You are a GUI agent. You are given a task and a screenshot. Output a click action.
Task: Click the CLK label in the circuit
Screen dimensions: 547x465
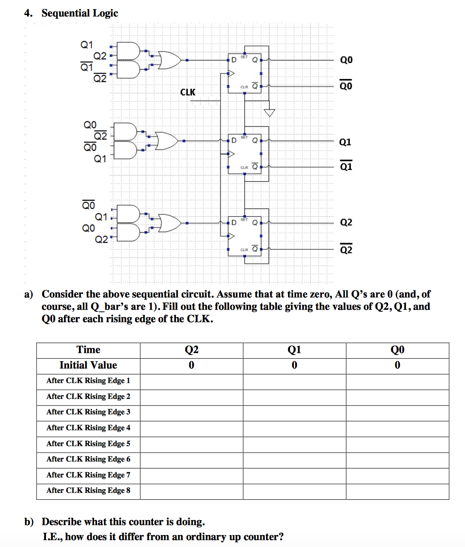(x=187, y=92)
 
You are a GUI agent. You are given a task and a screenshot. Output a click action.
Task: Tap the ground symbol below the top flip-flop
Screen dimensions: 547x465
(x=269, y=112)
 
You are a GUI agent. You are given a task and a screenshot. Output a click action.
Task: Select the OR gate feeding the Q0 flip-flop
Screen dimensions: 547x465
(x=169, y=60)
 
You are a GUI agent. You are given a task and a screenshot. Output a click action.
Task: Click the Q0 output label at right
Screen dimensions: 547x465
(x=346, y=60)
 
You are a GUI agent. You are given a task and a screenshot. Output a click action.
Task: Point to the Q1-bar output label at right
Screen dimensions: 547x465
(x=346, y=166)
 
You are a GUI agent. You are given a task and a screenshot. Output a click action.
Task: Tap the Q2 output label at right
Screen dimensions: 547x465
(x=346, y=222)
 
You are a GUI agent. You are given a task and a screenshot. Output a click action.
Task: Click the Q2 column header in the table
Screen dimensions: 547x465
(x=191, y=350)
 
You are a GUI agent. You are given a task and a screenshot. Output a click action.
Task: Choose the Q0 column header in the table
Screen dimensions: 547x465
(x=397, y=350)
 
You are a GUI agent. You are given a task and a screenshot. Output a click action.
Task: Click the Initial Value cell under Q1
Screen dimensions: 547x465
(x=294, y=365)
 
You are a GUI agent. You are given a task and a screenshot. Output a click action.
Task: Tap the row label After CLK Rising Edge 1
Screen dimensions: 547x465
(x=88, y=381)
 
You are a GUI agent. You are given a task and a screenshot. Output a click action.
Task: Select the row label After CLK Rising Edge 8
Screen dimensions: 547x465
(x=88, y=491)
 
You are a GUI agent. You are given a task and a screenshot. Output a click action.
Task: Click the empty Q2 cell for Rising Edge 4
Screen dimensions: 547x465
(x=191, y=428)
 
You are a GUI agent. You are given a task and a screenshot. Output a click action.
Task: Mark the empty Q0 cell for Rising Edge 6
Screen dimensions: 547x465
(x=397, y=459)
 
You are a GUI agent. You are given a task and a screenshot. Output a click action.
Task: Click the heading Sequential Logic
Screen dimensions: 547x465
(x=80, y=13)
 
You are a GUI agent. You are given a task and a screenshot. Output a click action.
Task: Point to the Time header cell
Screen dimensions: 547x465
(x=88, y=350)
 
